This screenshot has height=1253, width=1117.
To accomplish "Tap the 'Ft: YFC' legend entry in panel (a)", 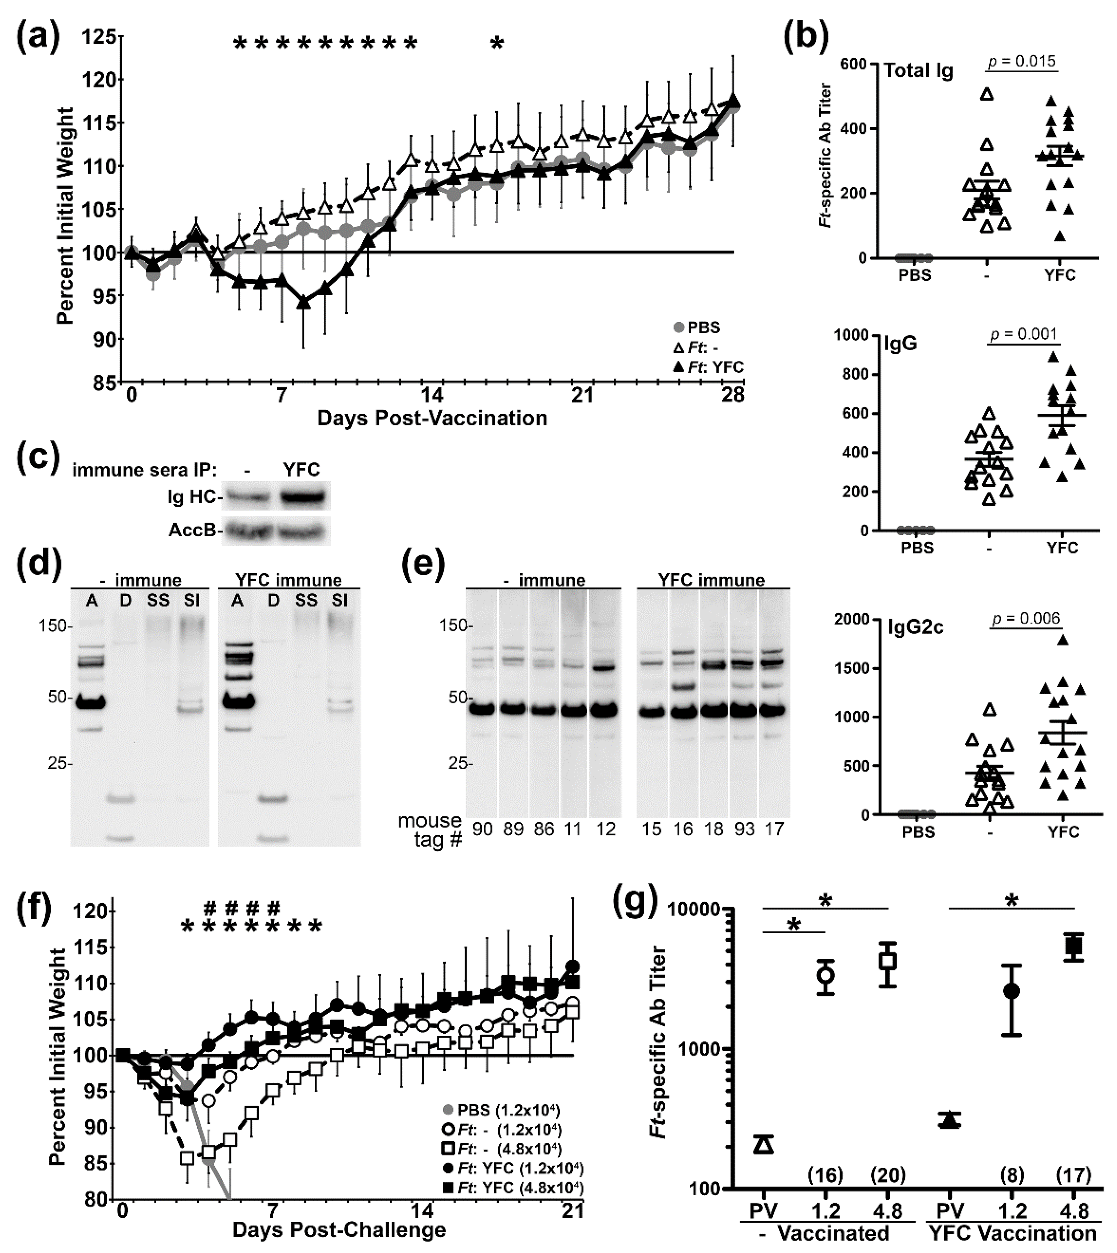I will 709,367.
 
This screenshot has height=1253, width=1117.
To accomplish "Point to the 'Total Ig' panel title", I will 919,71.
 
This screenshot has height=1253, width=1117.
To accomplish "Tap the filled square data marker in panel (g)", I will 1073,946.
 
